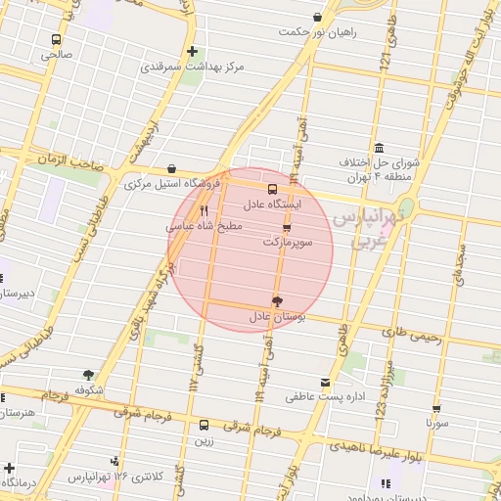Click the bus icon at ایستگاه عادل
[272, 190]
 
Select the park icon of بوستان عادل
[277, 301]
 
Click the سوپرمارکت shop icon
[286, 226]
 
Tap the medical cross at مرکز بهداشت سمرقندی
[193, 51]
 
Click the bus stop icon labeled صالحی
[56, 40]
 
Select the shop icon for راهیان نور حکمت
[316, 17]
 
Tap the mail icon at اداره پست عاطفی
[325, 383]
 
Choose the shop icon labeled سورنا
[436, 408]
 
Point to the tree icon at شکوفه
[89, 374]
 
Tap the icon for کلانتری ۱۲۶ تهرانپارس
[116, 460]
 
